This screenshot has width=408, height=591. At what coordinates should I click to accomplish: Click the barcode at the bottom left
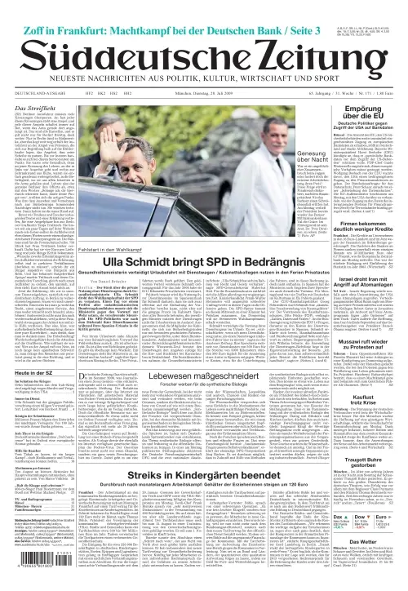(x=33, y=569)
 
